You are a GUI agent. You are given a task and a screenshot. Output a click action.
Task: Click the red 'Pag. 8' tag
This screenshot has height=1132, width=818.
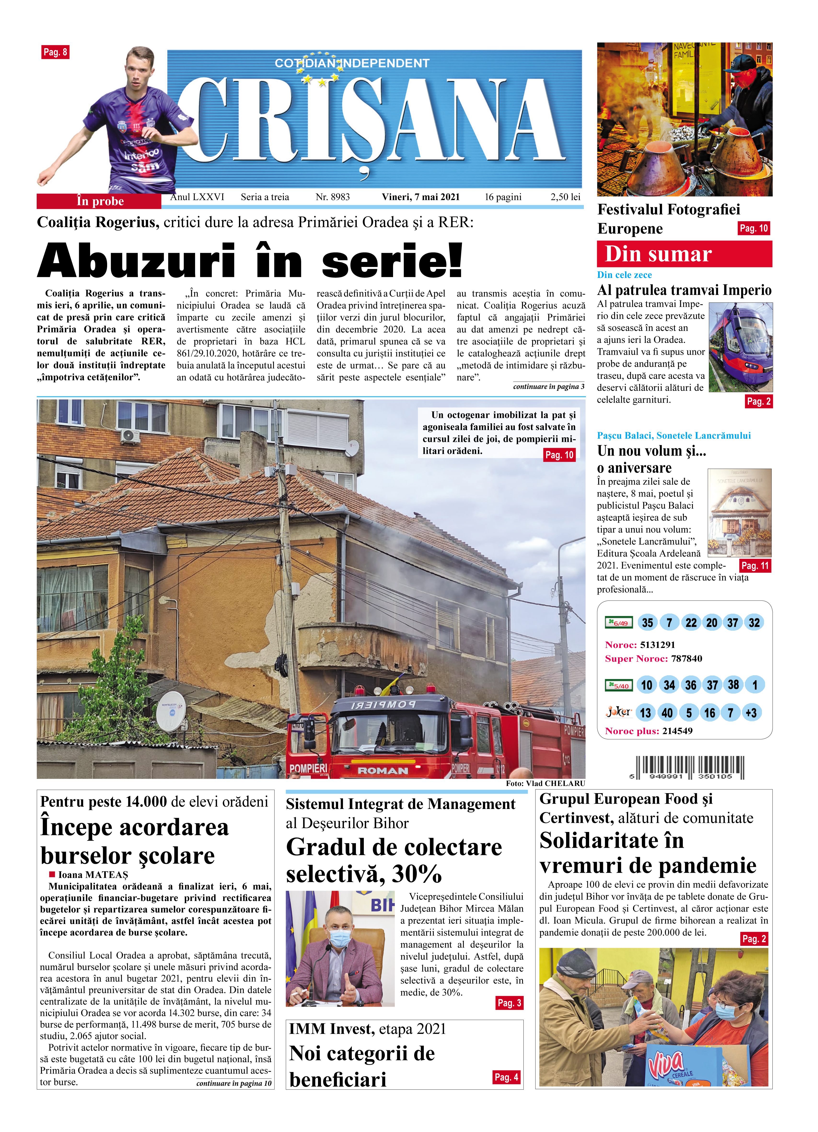point(55,52)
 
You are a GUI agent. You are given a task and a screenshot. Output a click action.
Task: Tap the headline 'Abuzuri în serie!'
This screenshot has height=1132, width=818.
point(249,260)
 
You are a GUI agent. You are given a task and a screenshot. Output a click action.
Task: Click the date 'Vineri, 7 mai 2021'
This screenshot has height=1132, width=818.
point(420,197)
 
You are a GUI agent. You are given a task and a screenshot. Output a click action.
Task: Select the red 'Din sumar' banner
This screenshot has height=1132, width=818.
point(684,254)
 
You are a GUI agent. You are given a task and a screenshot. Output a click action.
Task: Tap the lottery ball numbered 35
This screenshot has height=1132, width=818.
point(647,622)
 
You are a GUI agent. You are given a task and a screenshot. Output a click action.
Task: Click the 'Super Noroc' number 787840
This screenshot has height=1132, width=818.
point(686,658)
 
